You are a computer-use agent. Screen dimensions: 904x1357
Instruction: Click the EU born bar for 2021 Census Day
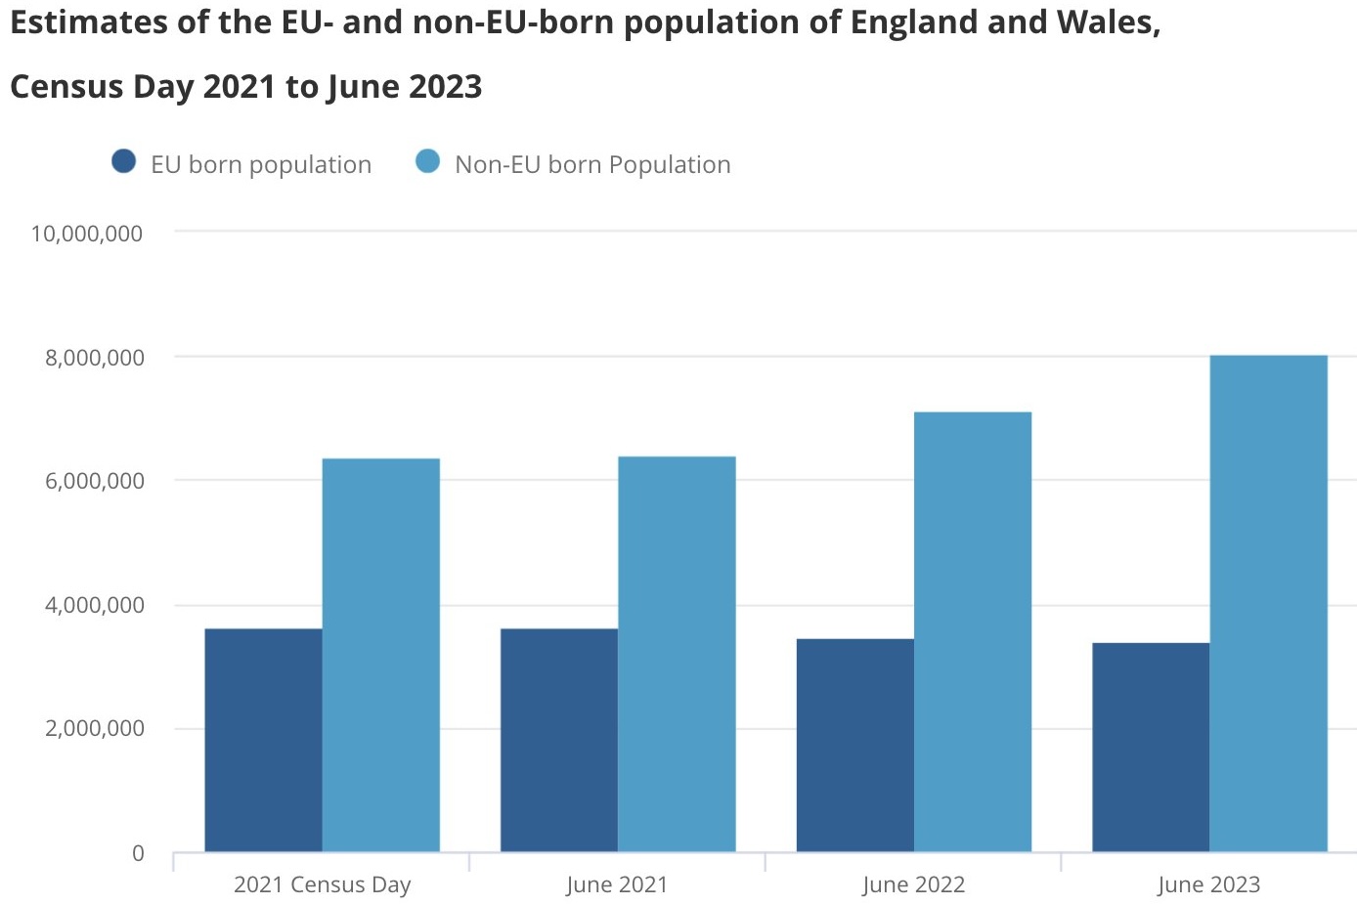(263, 740)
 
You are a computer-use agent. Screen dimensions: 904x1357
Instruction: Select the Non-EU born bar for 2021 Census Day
(381, 655)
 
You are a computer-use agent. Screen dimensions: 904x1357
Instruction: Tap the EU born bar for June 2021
(559, 740)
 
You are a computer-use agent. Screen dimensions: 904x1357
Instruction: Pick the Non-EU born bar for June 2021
(677, 654)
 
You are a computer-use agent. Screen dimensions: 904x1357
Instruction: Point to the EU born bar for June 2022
(855, 745)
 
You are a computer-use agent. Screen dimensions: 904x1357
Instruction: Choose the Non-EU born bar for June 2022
(973, 631)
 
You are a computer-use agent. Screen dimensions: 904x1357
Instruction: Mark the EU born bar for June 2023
(1151, 747)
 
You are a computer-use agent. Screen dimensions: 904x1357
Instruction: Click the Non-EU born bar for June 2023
(1268, 603)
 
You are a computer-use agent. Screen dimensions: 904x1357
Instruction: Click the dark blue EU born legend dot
(124, 161)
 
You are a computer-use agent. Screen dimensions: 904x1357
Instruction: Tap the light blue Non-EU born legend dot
(428, 161)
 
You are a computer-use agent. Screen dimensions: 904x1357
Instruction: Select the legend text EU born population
(261, 164)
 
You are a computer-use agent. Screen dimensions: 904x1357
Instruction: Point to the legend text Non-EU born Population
(592, 164)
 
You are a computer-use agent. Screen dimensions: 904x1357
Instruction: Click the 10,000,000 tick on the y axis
(87, 234)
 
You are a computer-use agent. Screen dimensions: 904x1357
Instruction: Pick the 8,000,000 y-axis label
(94, 358)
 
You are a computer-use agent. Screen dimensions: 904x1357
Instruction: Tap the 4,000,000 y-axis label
(94, 605)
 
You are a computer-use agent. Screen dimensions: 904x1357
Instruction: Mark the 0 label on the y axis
(138, 853)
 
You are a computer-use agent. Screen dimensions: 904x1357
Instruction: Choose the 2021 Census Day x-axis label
(323, 884)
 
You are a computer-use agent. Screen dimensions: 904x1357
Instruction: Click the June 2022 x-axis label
(913, 884)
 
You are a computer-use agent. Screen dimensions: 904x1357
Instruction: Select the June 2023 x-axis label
(1208, 884)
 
